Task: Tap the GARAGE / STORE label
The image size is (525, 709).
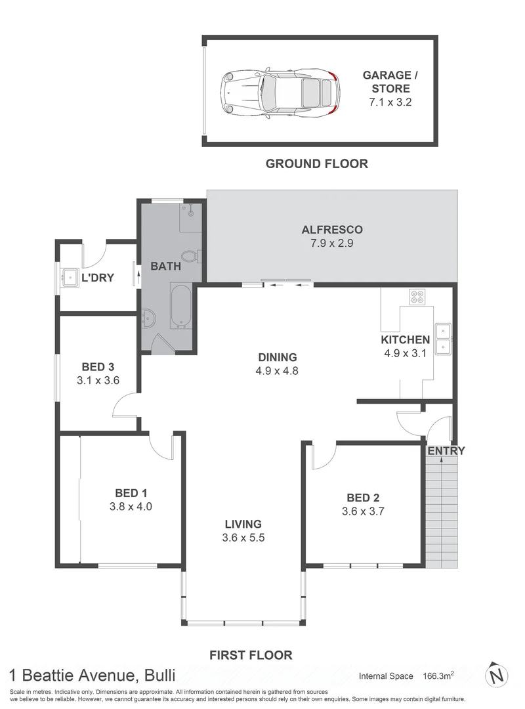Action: point(390,82)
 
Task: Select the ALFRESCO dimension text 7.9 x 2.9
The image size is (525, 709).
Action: point(332,243)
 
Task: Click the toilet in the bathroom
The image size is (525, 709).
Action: point(190,256)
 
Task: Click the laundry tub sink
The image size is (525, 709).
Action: point(69,277)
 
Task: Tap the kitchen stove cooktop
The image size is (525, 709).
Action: point(416,297)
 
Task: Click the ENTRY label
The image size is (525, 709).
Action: point(446,451)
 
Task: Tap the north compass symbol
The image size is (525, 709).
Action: point(498,674)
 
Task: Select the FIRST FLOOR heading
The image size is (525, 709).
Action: point(251,655)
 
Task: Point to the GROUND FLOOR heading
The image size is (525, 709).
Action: point(316,163)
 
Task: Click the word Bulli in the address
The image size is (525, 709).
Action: point(157,675)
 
